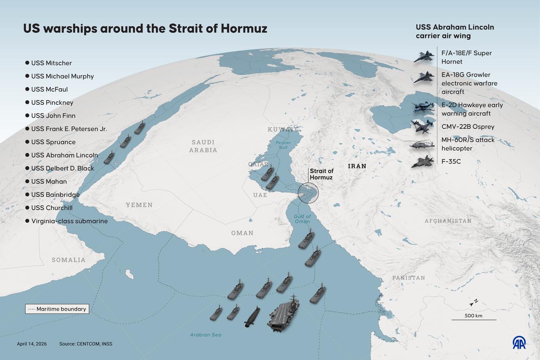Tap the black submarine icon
252,317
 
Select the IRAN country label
357,166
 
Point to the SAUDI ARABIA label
203,146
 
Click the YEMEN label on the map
139,205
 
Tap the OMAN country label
242,233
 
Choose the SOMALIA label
68,260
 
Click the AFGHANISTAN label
448,221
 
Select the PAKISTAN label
408,278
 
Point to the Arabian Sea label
205,335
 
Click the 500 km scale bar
474,319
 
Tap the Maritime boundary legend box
57,309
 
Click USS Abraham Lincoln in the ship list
64,155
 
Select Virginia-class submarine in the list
69,221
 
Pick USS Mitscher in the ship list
51,63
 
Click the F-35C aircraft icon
422,162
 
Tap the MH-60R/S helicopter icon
420,144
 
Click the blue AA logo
519,343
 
